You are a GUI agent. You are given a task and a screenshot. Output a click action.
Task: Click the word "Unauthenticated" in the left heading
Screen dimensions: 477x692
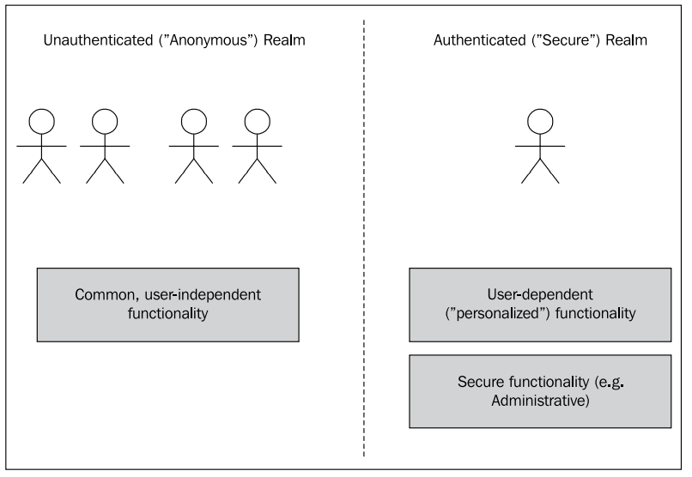95,40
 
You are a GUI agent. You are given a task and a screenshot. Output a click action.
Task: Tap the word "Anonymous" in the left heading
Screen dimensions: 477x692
207,40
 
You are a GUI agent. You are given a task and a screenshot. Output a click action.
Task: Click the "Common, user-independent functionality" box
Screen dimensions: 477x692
167,305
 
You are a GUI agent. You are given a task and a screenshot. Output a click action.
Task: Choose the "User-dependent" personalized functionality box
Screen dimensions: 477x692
539,305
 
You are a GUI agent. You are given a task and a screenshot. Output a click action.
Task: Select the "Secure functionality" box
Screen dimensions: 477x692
539,390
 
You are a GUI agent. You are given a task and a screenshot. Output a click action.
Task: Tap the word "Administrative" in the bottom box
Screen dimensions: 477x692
539,400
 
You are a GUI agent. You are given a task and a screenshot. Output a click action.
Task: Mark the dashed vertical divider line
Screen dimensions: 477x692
364,240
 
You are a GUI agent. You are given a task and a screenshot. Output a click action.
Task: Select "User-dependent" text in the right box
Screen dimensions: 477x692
539,295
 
